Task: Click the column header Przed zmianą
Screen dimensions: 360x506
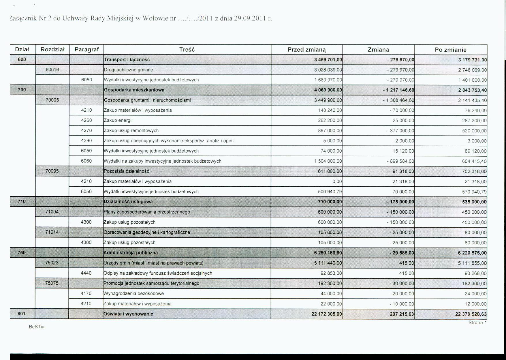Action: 306,50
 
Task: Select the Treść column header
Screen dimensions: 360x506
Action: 187,50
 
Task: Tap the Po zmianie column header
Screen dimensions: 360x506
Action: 450,50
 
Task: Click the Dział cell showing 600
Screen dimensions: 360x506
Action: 22,59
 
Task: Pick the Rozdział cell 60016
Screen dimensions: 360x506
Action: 52,70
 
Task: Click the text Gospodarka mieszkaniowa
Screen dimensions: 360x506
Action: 134,90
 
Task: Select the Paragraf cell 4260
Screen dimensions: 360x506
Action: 86,120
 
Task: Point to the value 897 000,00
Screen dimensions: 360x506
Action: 330,131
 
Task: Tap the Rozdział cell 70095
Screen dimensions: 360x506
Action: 52,171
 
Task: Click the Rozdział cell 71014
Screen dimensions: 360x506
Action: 52,232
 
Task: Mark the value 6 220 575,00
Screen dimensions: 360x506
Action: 472,253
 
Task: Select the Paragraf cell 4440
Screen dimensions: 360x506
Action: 86,273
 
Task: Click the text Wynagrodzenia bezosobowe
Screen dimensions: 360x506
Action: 133,293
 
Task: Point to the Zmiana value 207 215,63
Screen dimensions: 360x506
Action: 402,314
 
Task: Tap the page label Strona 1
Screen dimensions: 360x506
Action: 477,322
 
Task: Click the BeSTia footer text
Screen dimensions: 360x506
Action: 37,327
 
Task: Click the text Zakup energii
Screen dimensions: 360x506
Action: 118,120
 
